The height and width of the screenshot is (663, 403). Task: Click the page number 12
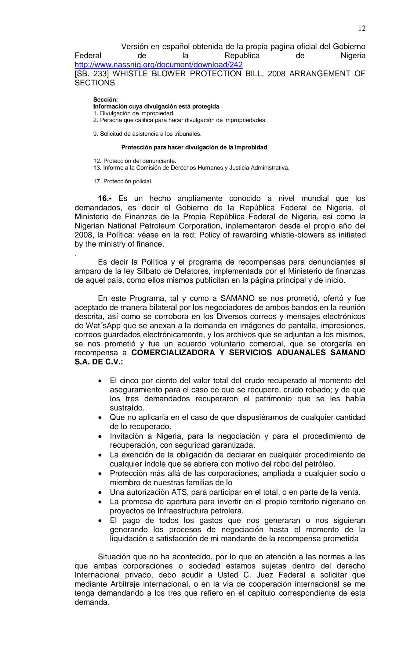pos(361,28)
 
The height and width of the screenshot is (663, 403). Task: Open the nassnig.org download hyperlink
pos(158,65)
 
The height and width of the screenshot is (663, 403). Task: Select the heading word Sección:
pos(105,100)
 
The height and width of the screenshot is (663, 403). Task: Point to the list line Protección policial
pos(128,181)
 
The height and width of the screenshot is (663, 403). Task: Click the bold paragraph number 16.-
pos(104,199)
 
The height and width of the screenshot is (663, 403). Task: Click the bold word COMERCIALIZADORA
pos(173,353)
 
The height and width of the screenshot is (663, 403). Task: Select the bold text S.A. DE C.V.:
pos(99,362)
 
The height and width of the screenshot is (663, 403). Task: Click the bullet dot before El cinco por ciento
pos(100,381)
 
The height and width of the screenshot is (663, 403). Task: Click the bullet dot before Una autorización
pos(100,493)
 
